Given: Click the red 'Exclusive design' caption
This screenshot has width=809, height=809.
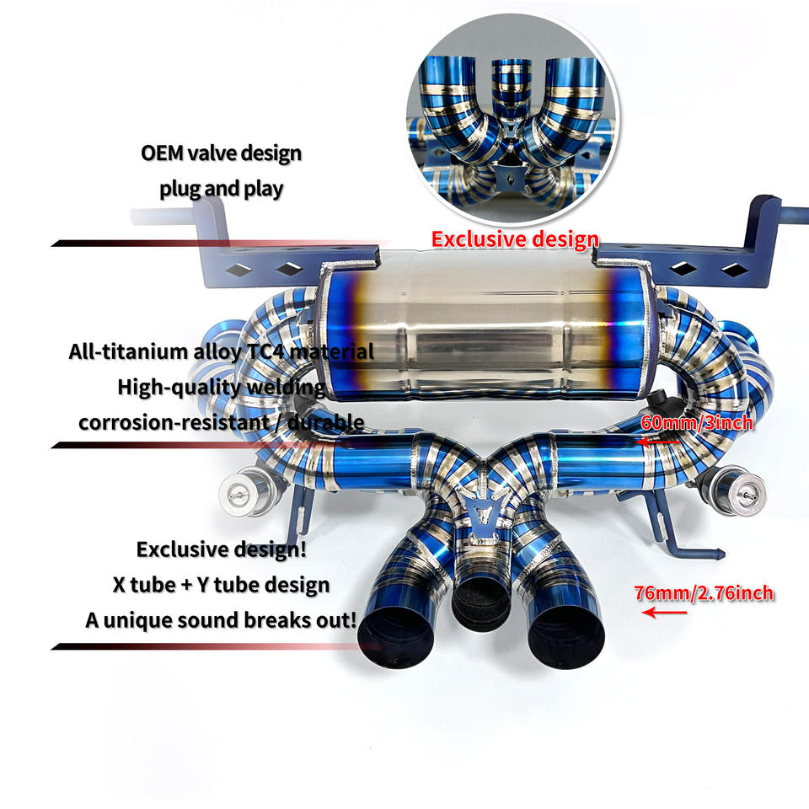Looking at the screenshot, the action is click(x=515, y=238).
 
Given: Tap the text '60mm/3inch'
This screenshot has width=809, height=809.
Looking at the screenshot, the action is click(x=696, y=422).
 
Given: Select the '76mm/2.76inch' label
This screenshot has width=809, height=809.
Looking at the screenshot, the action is click(x=704, y=593).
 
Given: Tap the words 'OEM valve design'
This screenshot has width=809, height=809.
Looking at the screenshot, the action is click(x=221, y=154).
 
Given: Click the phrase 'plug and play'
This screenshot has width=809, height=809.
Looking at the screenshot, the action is click(x=221, y=188).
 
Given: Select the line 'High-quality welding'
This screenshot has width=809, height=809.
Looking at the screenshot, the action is click(x=221, y=387).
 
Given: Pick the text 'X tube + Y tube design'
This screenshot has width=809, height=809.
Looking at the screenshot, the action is click(x=221, y=584).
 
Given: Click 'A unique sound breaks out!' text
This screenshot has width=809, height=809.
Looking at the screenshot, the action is click(x=221, y=619).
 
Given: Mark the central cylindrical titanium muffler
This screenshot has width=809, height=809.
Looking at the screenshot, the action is click(x=469, y=337).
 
